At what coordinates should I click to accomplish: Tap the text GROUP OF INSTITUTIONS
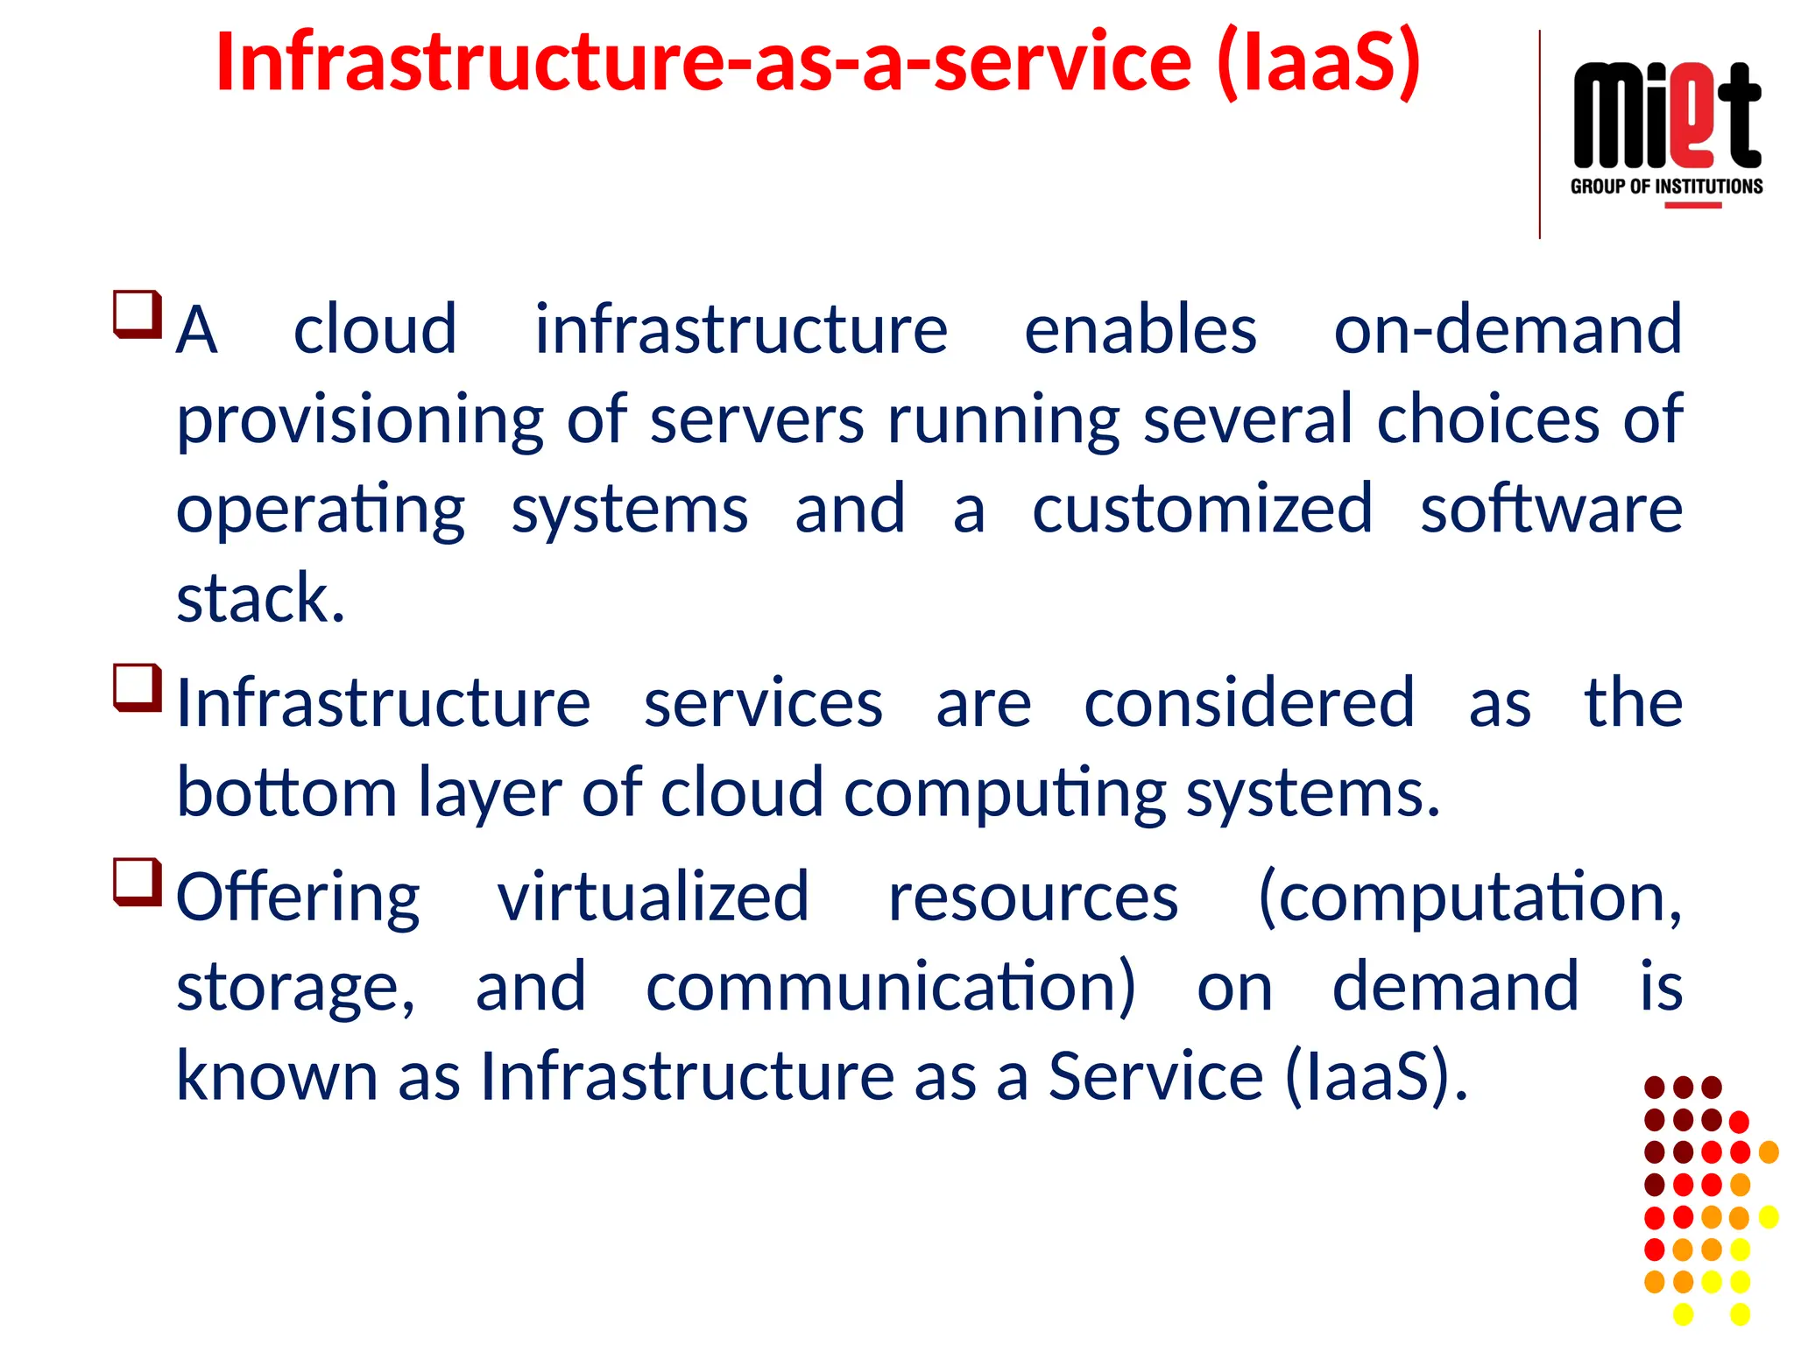click(1666, 187)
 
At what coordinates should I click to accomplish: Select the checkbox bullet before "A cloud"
click(138, 313)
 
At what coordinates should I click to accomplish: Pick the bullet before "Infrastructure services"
click(138, 687)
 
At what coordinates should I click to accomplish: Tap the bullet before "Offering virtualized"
click(138, 882)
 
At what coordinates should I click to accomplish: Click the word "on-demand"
click(1508, 330)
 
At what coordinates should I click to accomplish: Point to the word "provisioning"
click(360, 420)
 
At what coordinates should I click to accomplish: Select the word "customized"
click(1202, 509)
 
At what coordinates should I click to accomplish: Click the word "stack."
click(261, 599)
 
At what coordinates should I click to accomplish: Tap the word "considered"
click(1249, 703)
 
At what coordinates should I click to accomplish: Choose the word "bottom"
click(287, 793)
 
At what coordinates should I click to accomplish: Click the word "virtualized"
click(653, 898)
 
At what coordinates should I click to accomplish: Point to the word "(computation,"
click(1470, 898)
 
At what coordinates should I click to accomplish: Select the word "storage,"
click(296, 988)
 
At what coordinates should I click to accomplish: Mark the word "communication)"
click(891, 988)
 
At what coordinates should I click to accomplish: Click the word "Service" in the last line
click(1156, 1076)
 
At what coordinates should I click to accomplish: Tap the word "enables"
click(1141, 330)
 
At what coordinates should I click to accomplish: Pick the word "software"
click(1550, 509)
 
